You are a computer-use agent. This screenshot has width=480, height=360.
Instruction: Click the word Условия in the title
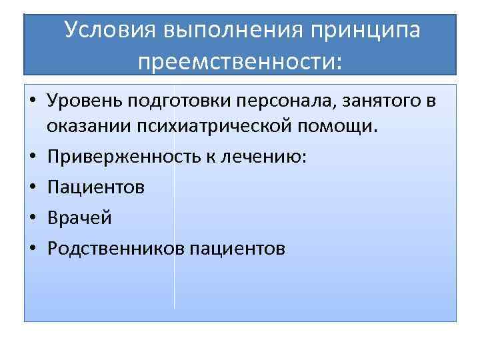tap(110, 31)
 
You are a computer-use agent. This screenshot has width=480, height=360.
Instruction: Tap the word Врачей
tap(79, 218)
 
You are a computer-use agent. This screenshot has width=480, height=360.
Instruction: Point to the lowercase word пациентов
tap(238, 249)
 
